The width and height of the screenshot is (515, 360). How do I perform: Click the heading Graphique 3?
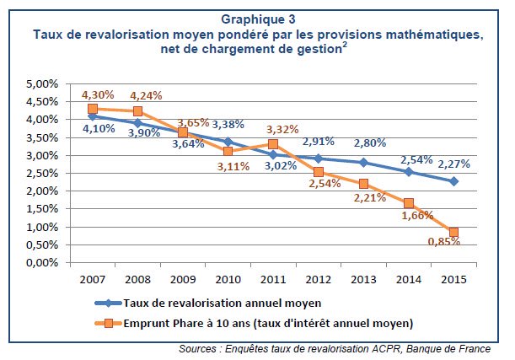point(257,19)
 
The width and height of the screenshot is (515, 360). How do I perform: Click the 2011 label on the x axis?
point(273,278)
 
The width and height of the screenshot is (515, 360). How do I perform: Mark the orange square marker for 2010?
point(228,151)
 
